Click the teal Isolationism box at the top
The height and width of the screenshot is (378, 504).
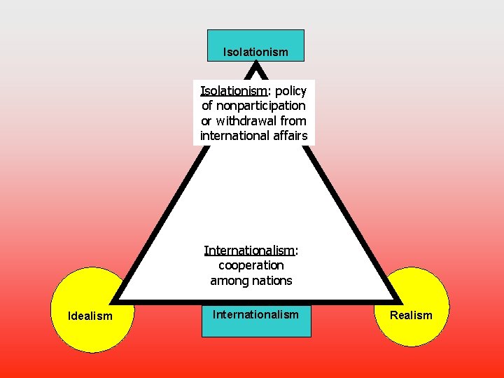[x=255, y=45]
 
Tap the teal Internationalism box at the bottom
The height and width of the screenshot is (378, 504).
[x=256, y=321]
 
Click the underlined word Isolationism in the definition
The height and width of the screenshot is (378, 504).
[x=234, y=91]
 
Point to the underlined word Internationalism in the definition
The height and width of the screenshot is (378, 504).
[x=250, y=250]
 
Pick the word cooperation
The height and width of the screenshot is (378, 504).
[x=251, y=265]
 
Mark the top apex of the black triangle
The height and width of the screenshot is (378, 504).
[x=257, y=65]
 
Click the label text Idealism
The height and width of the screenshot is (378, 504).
[x=90, y=316]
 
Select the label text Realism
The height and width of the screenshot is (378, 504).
[x=411, y=315]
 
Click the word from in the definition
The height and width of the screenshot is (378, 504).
[x=292, y=121]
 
